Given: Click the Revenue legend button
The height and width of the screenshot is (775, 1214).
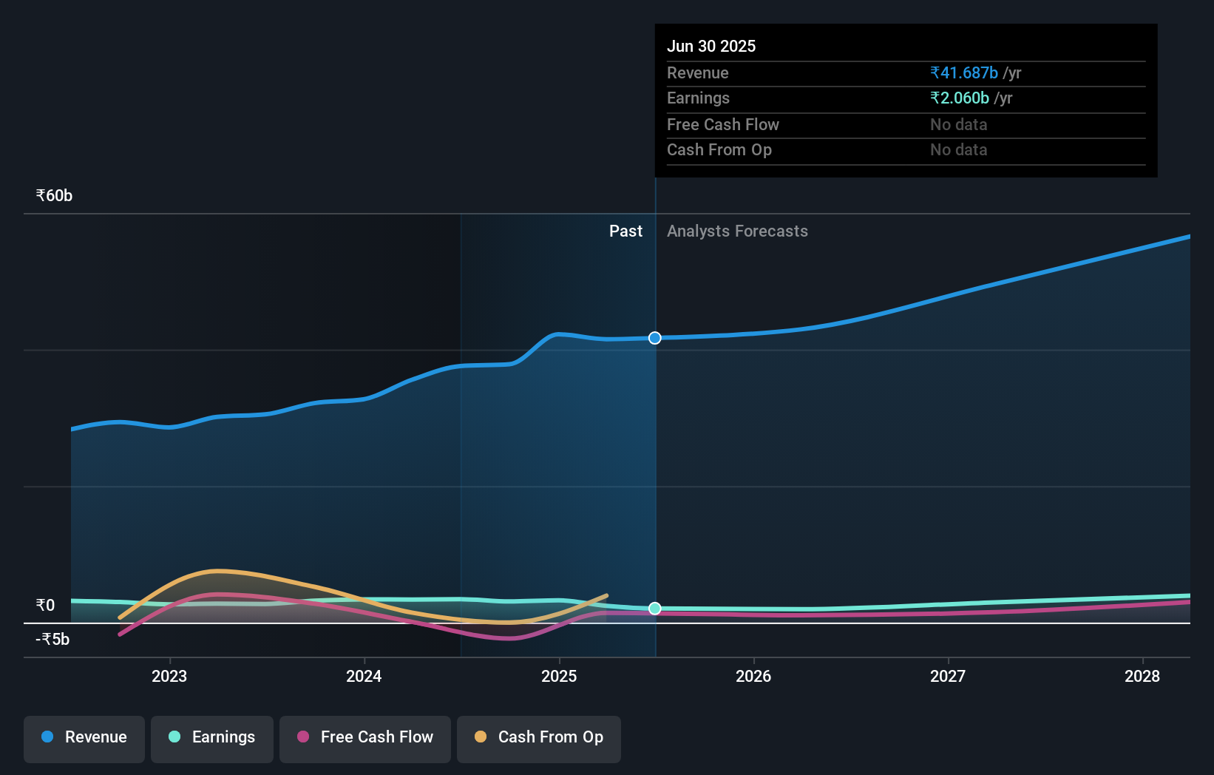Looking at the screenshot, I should [84, 738].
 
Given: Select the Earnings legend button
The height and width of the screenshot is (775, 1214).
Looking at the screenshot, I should [212, 738].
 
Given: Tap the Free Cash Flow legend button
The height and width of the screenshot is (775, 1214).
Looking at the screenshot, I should [365, 738].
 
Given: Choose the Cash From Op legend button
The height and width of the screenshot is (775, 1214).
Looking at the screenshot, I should [539, 738].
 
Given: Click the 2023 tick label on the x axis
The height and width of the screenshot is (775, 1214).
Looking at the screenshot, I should [169, 676].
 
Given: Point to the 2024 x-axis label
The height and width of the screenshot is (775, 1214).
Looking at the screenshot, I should [364, 676].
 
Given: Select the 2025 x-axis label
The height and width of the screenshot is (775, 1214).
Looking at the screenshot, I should [559, 676].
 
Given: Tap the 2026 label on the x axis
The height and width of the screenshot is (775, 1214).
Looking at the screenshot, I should [753, 676].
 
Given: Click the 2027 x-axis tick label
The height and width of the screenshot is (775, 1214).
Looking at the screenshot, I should [948, 676].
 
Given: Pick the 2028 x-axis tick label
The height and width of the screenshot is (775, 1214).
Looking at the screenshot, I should [1142, 676].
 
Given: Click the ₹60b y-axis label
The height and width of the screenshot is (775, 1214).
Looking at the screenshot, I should [54, 196].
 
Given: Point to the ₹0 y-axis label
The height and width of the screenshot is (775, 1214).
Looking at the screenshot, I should [45, 606].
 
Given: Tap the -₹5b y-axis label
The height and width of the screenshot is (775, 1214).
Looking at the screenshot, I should [52, 640].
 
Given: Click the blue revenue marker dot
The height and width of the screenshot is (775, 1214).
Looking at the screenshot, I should [655, 338].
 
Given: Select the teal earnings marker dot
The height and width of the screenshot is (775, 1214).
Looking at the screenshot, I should [655, 609].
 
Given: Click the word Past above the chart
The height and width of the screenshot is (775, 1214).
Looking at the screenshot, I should [625, 231].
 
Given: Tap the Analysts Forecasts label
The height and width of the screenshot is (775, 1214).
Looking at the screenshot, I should [737, 231].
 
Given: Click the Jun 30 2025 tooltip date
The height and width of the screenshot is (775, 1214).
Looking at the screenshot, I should [711, 47].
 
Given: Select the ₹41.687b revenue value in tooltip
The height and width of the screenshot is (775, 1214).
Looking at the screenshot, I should [964, 73].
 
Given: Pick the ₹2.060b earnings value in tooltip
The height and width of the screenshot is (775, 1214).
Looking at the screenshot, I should [960, 98].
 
